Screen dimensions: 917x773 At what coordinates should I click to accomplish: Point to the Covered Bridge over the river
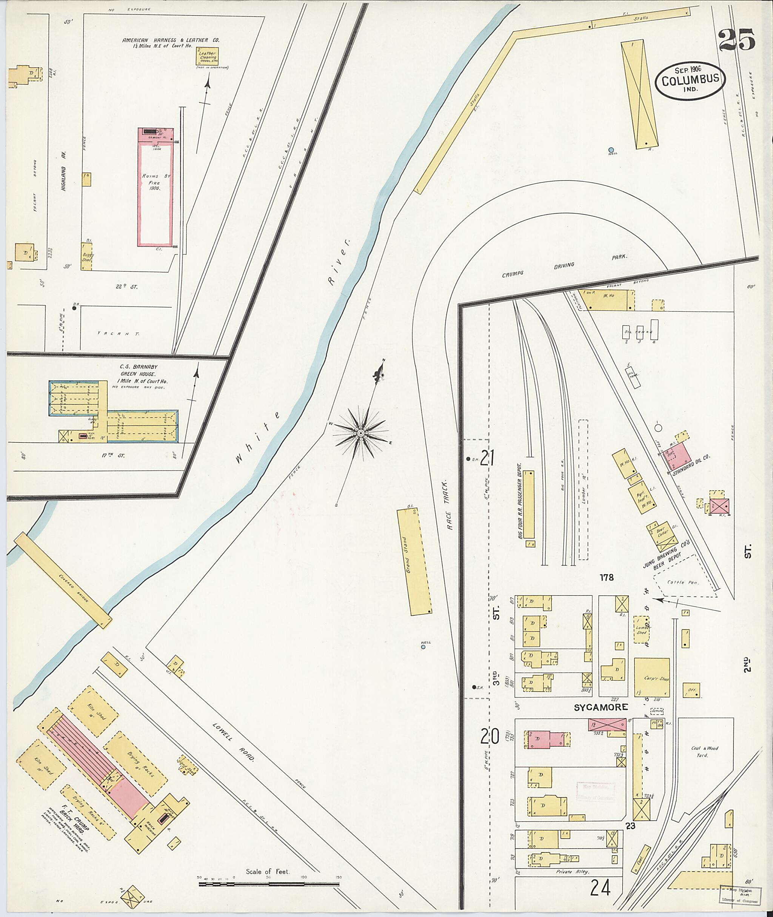(x=63, y=581)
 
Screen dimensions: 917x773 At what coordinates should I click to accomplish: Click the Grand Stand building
(x=414, y=562)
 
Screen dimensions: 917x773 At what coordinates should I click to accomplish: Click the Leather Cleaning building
(x=207, y=56)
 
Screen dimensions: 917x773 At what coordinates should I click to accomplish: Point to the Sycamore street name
(x=601, y=707)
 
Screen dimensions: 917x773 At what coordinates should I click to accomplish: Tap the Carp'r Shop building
(x=651, y=678)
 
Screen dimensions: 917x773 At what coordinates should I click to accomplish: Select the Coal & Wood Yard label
(x=705, y=751)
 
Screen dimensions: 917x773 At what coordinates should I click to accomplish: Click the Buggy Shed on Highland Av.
(x=86, y=256)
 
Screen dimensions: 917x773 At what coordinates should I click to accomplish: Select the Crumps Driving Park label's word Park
(x=620, y=257)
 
